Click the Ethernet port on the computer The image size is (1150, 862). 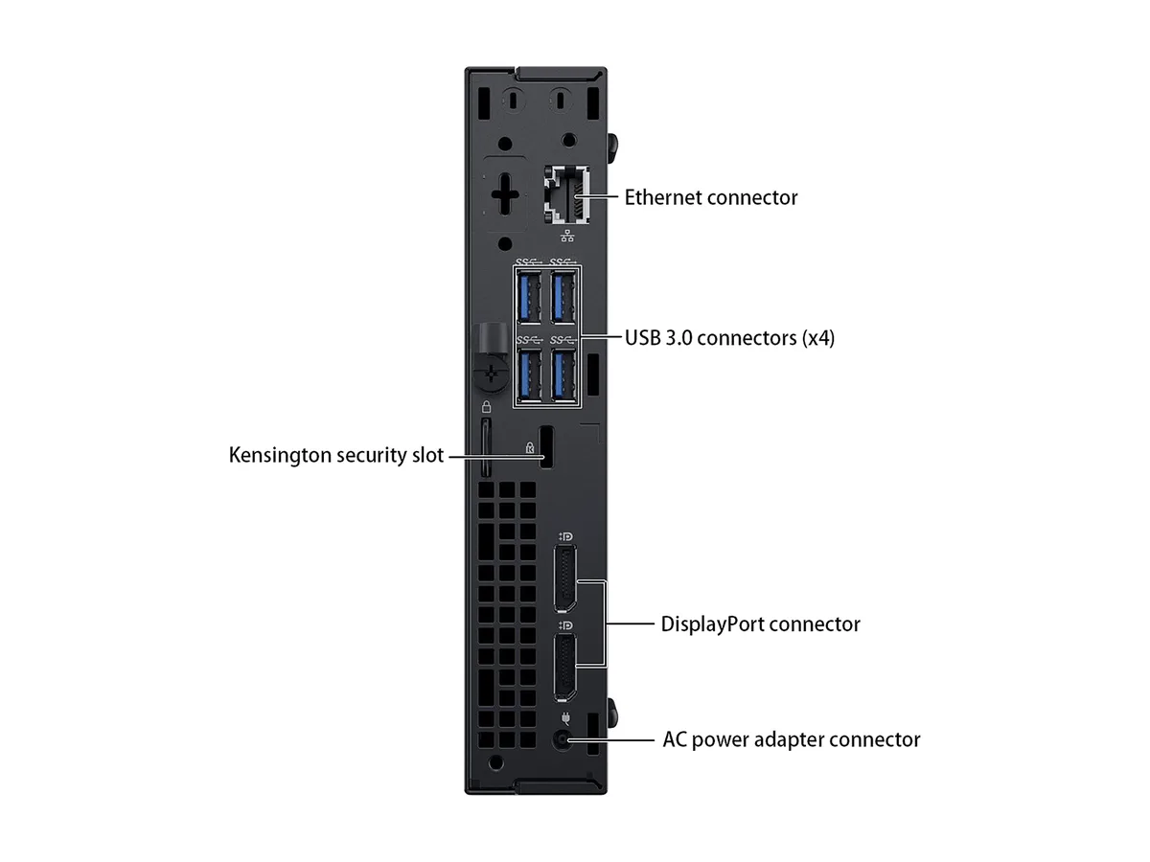[566, 195]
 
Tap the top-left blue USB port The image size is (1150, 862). [529, 297]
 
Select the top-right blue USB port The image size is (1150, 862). [563, 297]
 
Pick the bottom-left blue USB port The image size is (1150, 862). [529, 376]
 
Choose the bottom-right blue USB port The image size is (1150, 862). [563, 376]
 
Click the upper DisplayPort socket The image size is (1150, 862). [564, 578]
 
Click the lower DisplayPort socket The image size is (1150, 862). [564, 668]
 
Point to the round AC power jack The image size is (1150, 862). [563, 740]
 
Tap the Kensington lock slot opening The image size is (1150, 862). [546, 447]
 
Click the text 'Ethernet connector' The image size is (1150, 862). [711, 197]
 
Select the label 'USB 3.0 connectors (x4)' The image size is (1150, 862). [730, 337]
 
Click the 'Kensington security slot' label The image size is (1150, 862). [336, 455]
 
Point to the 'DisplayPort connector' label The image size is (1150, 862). [760, 624]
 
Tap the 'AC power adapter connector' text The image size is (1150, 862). [792, 739]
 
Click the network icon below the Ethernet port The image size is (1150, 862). [567, 236]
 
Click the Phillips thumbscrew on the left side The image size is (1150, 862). [491, 374]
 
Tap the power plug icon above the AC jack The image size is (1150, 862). [565, 717]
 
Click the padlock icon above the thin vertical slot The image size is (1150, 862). [486, 407]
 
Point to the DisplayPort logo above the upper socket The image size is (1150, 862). [565, 536]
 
